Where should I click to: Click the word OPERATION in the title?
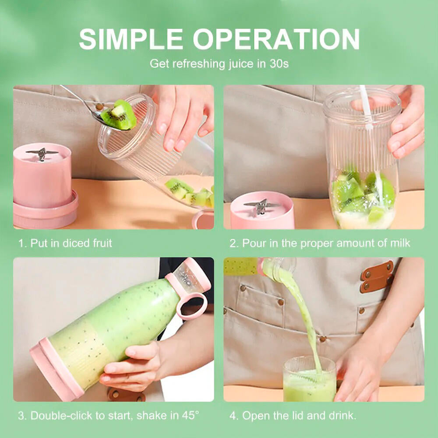pyautogui.click(x=276, y=39)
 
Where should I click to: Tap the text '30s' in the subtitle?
pyautogui.click(x=279, y=64)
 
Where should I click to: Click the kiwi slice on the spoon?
pyautogui.click(x=119, y=115)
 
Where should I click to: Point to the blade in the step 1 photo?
pyautogui.click(x=42, y=153)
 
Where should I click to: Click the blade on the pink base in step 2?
pyautogui.click(x=262, y=206)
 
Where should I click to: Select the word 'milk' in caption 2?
pyautogui.click(x=399, y=243)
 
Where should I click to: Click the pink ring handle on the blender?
pyautogui.click(x=191, y=305)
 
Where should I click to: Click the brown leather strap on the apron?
pyautogui.click(x=376, y=276)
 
